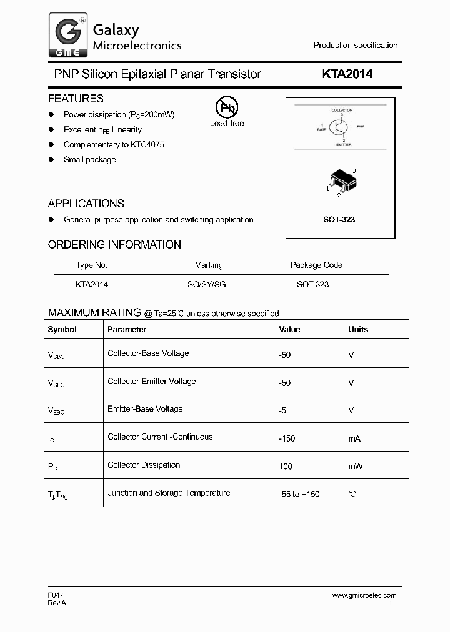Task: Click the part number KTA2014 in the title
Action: [347, 74]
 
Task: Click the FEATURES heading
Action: [76, 99]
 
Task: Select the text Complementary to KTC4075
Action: [115, 144]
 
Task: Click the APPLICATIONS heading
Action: [86, 204]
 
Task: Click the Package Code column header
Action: [316, 265]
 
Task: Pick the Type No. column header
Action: [91, 265]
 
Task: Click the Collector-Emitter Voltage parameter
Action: [151, 381]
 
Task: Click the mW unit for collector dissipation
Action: [355, 466]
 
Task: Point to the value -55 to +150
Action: [299, 494]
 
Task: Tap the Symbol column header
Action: [62, 329]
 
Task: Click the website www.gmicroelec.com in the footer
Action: [364, 595]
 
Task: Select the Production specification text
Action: [355, 46]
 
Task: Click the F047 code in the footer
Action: [56, 595]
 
